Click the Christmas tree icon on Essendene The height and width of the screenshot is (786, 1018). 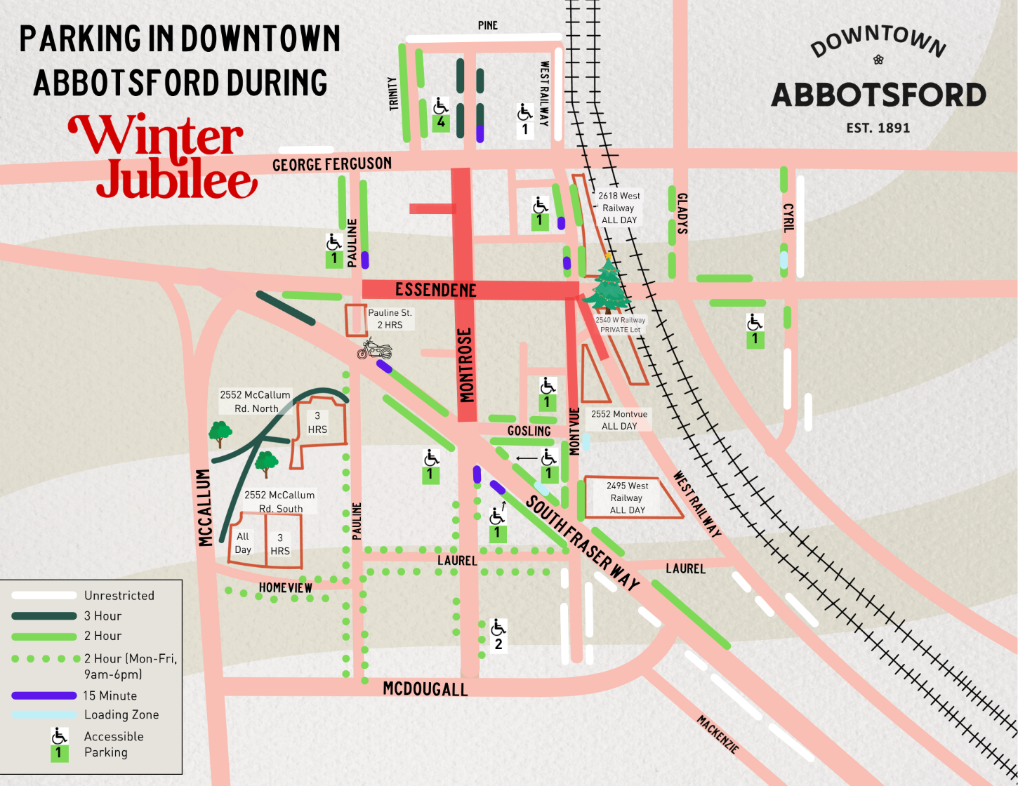tap(607, 286)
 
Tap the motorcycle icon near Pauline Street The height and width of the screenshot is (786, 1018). tap(374, 349)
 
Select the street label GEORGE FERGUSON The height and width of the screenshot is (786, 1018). tap(332, 164)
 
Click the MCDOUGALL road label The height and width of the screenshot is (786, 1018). tap(425, 689)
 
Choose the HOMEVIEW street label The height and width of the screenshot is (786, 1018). tap(286, 587)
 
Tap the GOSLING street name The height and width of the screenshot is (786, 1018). tap(529, 431)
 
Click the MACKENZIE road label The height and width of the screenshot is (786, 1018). tap(718, 734)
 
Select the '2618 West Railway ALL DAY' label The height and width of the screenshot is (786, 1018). tap(619, 208)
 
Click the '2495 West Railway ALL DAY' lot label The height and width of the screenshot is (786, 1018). tap(628, 498)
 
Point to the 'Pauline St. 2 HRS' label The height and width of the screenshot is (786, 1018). tap(390, 319)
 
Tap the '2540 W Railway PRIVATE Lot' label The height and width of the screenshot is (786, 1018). tap(620, 324)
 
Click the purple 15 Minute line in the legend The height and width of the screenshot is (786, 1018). tap(44, 695)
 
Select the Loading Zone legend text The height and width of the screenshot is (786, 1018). tap(121, 714)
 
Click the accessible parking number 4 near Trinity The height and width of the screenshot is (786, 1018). tap(441, 122)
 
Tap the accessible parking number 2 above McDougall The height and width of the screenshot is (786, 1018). tap(498, 644)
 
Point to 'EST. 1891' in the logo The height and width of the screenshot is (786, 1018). tap(878, 128)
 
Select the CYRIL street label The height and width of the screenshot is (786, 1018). tap(788, 218)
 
